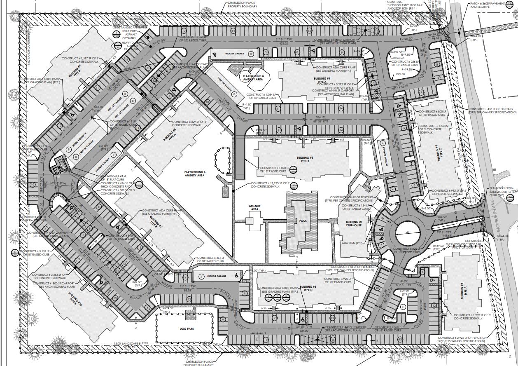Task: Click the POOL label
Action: pos(303,221)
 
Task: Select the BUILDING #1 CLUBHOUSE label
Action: pos(354,223)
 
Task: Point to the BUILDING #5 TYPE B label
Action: pos(306,159)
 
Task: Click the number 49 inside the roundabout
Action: pos(407,232)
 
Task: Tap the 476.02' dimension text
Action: pos(283,43)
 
